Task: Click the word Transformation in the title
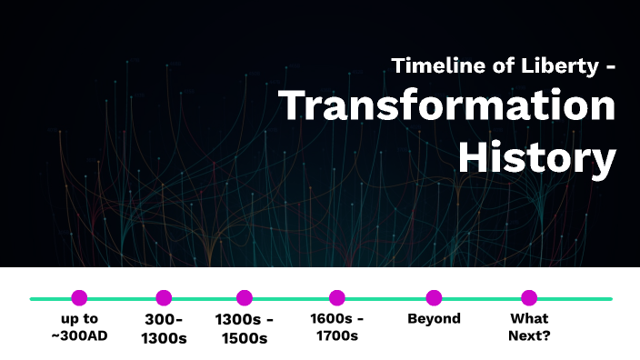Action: pos(446,107)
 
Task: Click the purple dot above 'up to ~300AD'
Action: pos(79,297)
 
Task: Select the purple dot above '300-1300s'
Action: pos(164,297)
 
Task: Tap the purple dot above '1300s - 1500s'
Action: pos(244,297)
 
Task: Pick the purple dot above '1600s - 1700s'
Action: pos(337,297)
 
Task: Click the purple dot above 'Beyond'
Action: pos(434,297)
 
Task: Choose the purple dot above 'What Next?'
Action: pos(529,297)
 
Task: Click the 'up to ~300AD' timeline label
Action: pos(79,327)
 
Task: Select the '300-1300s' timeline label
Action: pos(164,328)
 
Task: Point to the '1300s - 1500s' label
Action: pos(244,328)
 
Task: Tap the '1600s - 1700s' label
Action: pos(337,327)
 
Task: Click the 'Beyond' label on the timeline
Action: pos(434,319)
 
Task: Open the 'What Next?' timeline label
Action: pos(529,327)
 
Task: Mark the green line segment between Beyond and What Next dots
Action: pos(482,298)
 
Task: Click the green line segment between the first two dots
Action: pos(122,298)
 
